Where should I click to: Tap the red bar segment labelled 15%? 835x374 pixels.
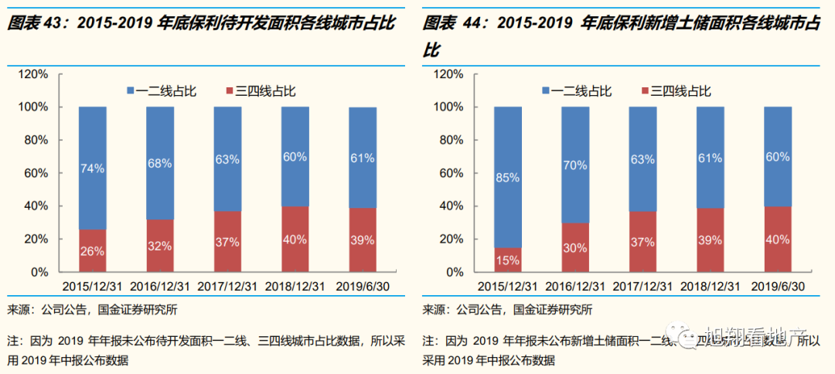(508, 260)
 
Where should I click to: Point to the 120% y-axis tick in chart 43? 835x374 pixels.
(33, 74)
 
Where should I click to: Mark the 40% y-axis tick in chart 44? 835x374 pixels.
(451, 206)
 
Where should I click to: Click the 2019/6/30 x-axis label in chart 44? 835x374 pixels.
(777, 286)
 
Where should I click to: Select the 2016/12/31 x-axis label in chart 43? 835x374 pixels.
(159, 286)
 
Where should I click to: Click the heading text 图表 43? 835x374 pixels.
(35, 24)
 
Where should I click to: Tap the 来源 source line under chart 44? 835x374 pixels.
(507, 311)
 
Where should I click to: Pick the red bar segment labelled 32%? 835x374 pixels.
(159, 246)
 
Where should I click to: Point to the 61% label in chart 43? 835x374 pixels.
(362, 158)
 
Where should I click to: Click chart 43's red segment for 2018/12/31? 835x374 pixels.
(295, 240)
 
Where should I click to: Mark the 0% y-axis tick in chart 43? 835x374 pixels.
(39, 273)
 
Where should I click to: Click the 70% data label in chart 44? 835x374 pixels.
(575, 164)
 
